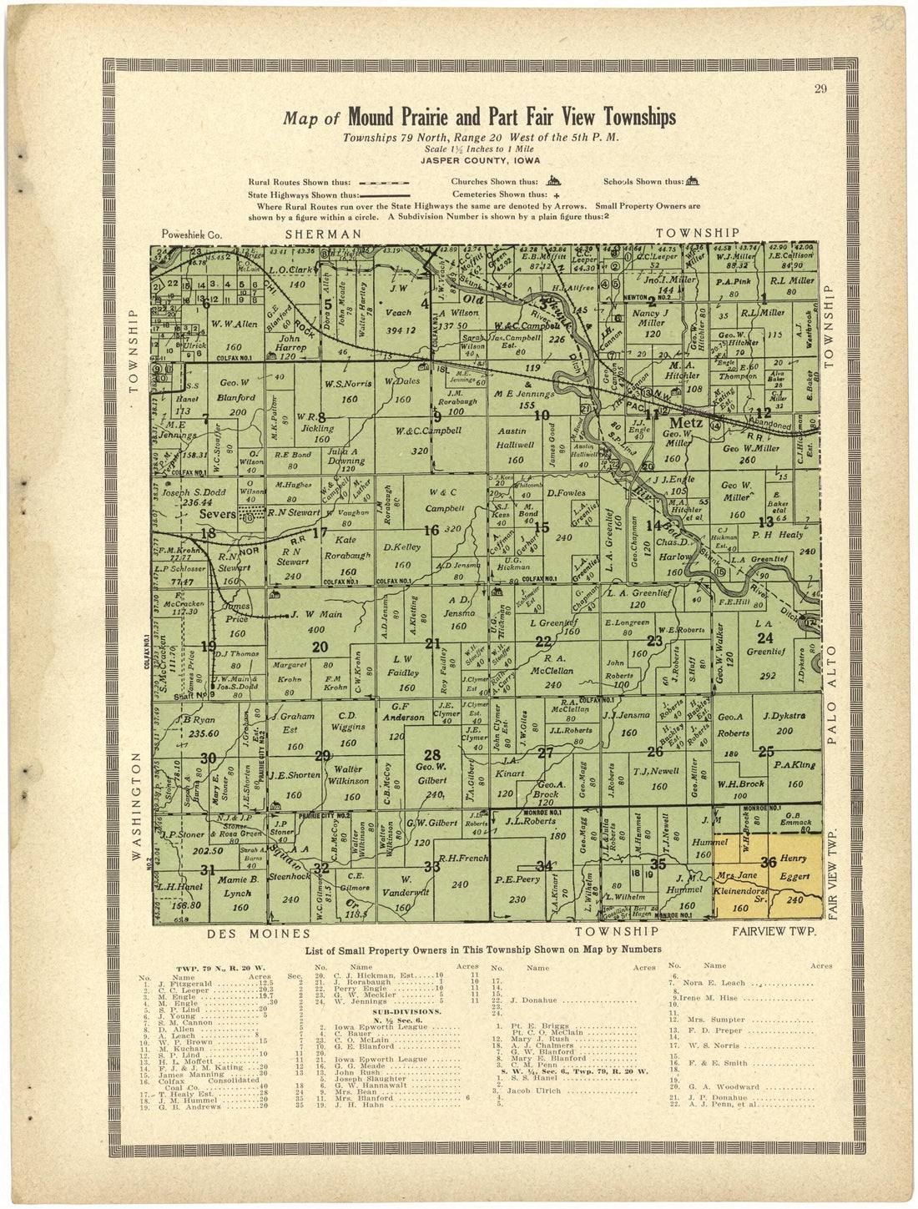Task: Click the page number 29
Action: pos(820,90)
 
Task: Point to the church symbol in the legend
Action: pos(552,180)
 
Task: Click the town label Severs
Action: pos(219,515)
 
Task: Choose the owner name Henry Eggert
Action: pos(793,868)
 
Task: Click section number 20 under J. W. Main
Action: pos(319,646)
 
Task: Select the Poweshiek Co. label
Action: pos(193,235)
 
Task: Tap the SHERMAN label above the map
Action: pos(324,234)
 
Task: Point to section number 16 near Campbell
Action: pos(431,531)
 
